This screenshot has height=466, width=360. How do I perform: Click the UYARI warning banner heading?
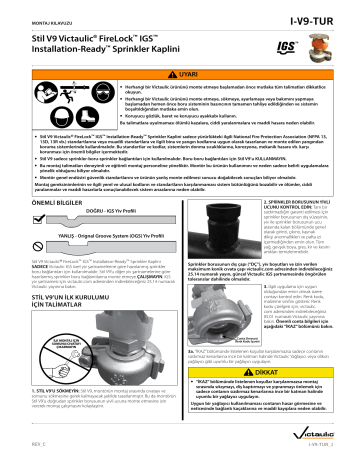181,74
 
